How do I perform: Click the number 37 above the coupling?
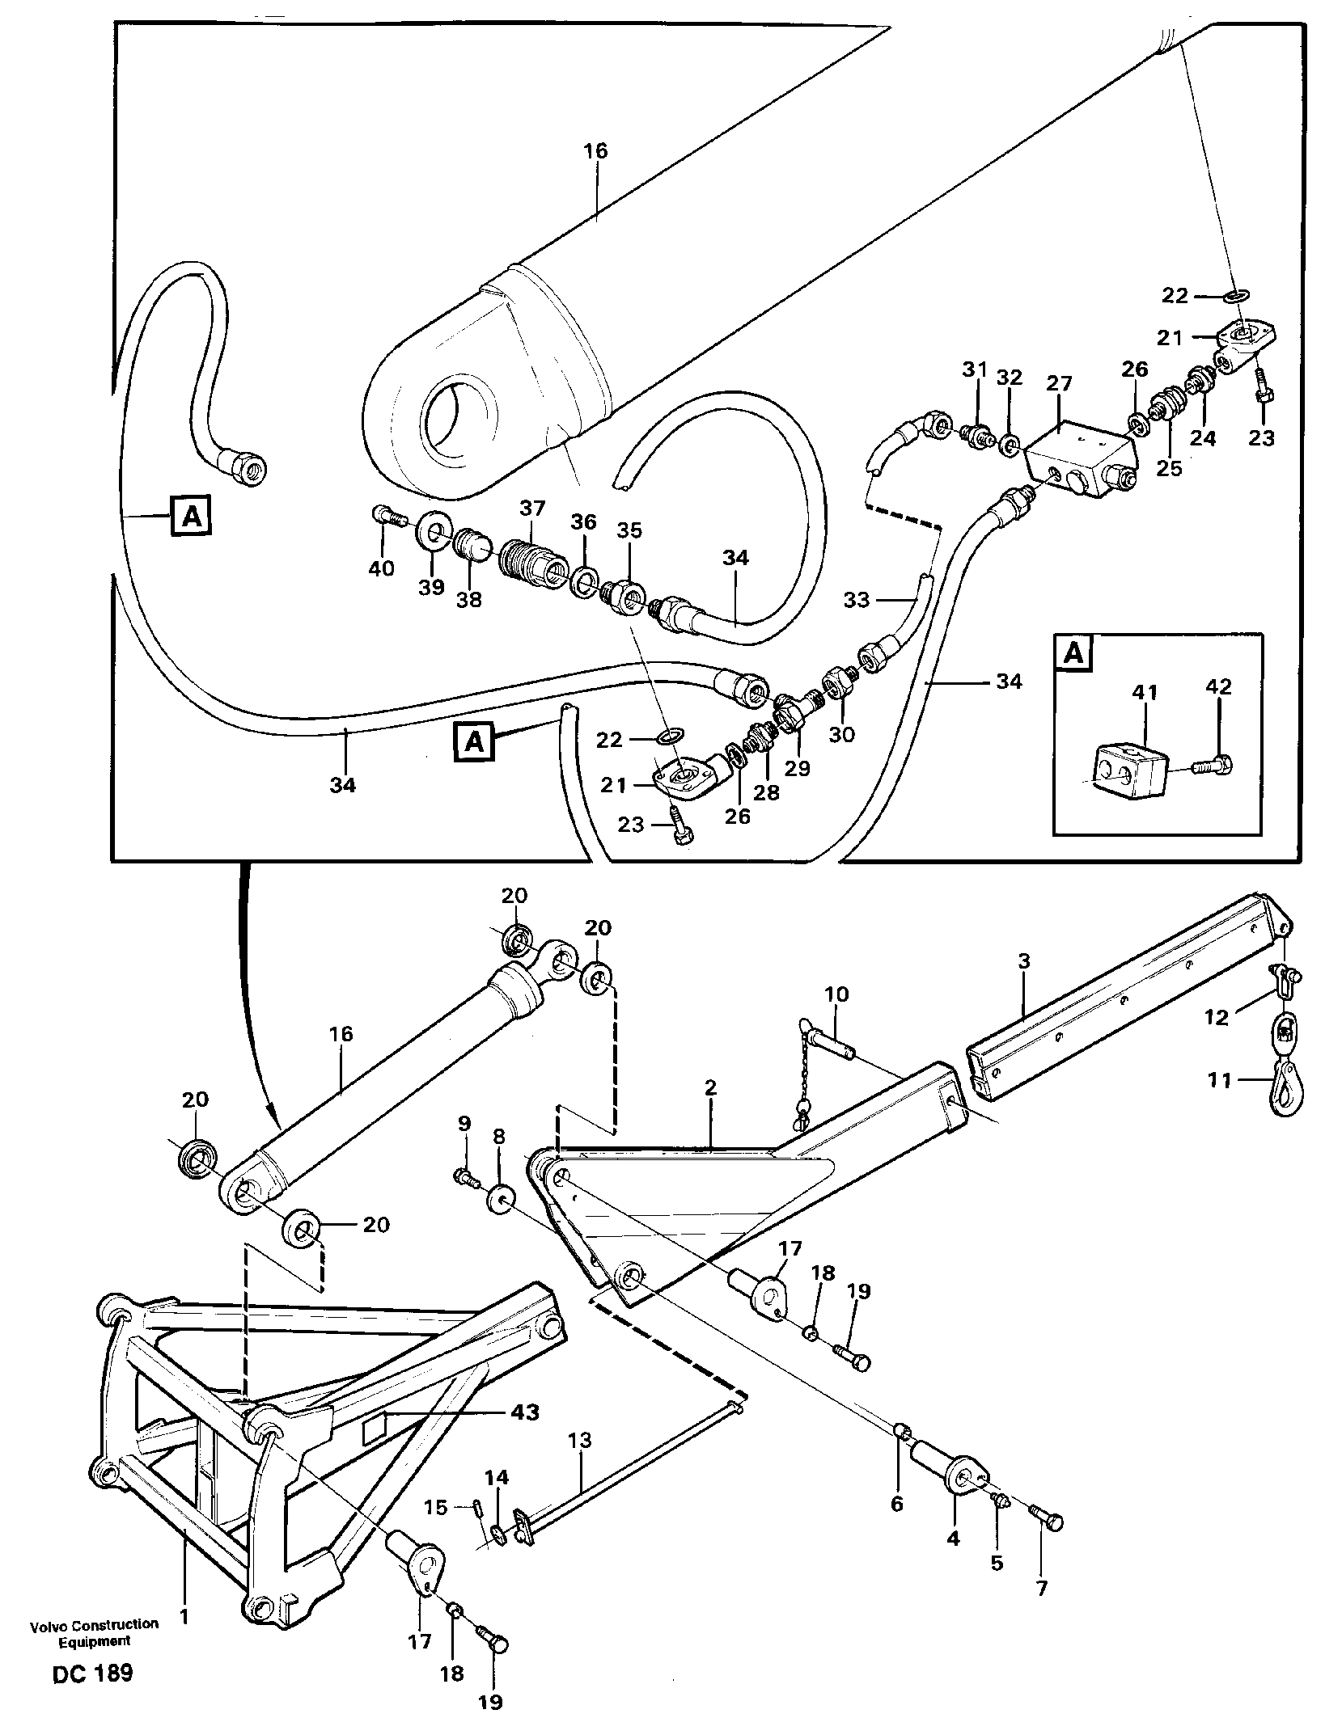(531, 509)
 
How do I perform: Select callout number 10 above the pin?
(836, 994)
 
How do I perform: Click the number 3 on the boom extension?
(1024, 961)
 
